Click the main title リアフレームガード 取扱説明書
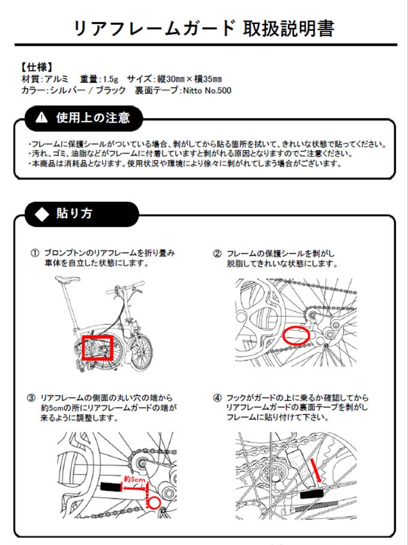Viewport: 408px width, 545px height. click(x=203, y=28)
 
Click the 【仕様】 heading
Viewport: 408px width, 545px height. click(x=37, y=67)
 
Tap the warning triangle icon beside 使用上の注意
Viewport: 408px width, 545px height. click(x=41, y=116)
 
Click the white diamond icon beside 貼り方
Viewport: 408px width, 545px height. click(x=41, y=213)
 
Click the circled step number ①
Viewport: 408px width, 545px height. click(x=35, y=253)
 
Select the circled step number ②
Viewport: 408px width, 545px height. click(x=217, y=253)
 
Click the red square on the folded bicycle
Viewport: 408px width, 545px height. click(x=97, y=347)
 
